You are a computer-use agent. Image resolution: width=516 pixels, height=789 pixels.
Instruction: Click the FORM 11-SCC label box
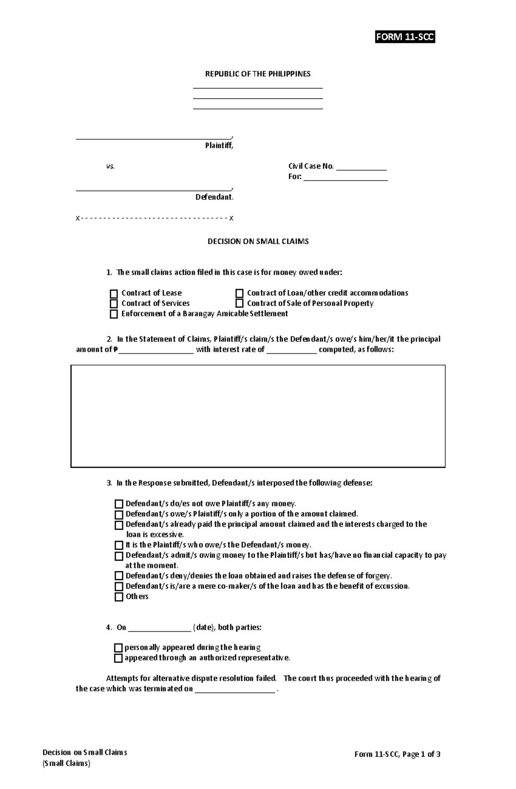(x=405, y=37)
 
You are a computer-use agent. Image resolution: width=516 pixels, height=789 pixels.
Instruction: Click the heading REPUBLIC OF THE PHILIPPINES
(x=258, y=74)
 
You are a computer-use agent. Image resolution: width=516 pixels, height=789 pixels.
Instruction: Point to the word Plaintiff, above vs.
(x=219, y=146)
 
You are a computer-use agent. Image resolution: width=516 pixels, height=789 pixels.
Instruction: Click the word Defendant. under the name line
(x=214, y=197)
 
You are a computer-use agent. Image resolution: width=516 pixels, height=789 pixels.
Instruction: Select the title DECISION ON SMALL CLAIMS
(x=258, y=242)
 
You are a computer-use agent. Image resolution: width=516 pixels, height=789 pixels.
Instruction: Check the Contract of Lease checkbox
(x=114, y=294)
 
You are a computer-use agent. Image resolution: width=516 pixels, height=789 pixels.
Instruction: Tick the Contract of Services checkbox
(x=114, y=304)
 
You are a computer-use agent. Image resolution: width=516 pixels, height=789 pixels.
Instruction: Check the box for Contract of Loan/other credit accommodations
(x=240, y=294)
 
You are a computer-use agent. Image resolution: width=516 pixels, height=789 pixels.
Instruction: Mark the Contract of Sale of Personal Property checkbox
(x=240, y=304)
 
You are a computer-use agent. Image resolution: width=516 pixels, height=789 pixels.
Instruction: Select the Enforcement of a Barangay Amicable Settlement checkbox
(x=114, y=314)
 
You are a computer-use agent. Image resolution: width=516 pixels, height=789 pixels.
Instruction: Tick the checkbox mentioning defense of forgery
(x=119, y=576)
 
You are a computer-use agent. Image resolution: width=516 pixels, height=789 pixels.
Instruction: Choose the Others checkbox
(x=119, y=597)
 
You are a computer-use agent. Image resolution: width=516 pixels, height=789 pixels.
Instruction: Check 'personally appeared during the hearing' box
(x=118, y=648)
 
